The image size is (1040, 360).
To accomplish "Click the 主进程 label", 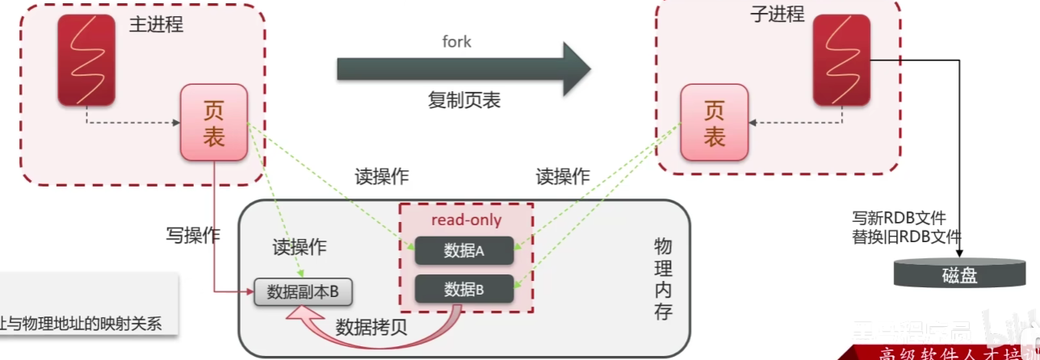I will [x=156, y=24].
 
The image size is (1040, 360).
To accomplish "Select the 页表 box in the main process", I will [x=214, y=122].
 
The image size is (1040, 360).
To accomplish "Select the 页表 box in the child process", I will [x=714, y=123].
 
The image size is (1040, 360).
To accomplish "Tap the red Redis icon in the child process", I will [x=841, y=60].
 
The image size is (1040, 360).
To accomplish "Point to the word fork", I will [x=457, y=42].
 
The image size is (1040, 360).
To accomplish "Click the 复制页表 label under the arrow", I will [x=464, y=100].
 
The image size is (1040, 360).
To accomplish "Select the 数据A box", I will [x=464, y=251].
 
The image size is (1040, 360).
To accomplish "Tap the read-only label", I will [x=466, y=220].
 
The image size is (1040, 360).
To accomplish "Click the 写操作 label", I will [x=193, y=236].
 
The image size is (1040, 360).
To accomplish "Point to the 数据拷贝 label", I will [x=371, y=327].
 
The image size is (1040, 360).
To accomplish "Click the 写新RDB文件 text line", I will [x=899, y=218].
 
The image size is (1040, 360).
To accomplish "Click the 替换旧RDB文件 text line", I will [x=907, y=237].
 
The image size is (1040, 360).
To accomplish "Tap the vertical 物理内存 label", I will [x=663, y=278].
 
